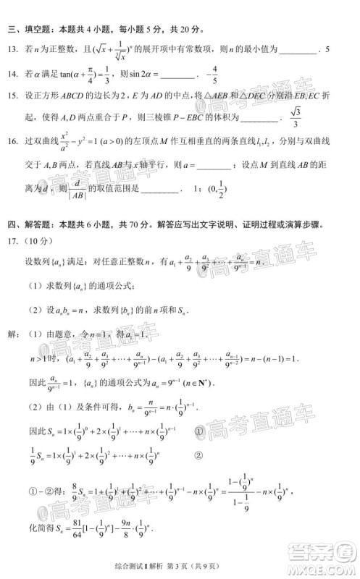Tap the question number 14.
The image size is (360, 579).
click(x=12, y=74)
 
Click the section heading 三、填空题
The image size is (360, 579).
click(x=29, y=30)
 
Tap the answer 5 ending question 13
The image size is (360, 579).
click(x=327, y=50)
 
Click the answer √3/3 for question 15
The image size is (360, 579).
click(x=294, y=116)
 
